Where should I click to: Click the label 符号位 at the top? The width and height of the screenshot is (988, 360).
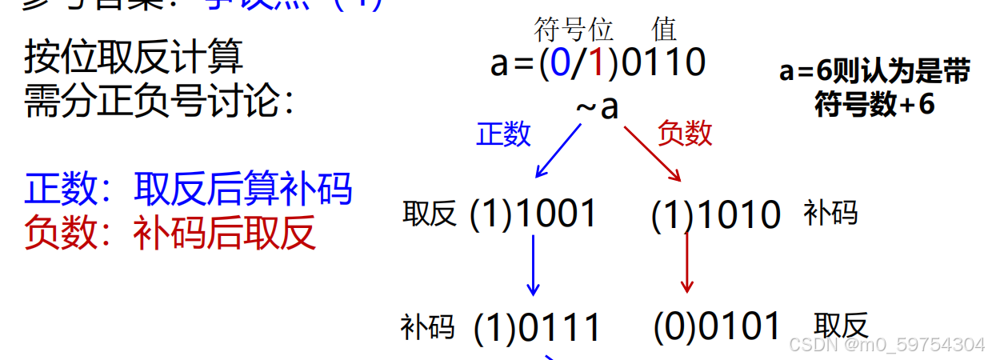573,30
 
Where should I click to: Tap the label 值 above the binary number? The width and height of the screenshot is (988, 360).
664,30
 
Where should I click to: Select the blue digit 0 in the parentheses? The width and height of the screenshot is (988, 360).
559,63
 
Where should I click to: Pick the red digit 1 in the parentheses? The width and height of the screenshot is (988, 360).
595,63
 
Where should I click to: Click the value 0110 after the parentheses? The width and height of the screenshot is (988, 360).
663,63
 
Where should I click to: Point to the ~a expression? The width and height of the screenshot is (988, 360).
598,106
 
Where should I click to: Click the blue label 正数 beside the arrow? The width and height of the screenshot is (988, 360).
503,134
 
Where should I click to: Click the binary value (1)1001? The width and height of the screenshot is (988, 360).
534,214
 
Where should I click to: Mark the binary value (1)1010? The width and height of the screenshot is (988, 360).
716,215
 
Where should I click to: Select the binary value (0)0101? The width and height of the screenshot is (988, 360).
717,326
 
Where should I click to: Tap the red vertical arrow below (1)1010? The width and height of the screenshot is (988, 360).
686,262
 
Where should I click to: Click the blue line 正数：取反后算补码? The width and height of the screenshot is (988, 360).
188,189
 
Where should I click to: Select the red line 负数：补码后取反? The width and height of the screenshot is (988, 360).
170,232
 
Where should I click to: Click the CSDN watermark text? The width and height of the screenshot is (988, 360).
886,345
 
